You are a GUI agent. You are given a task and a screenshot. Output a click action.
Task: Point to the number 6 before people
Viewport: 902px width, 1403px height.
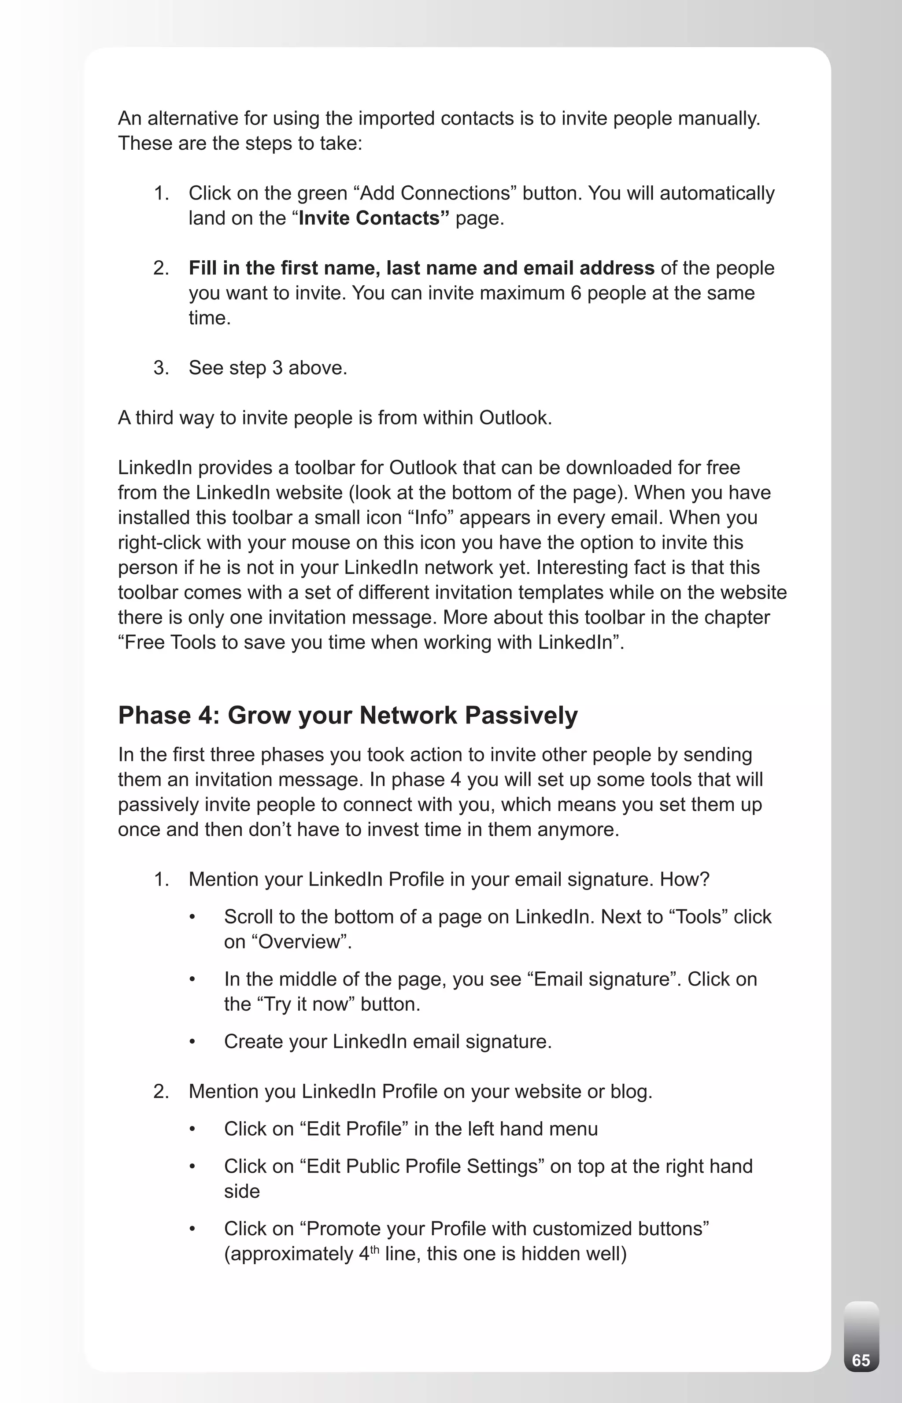(576, 293)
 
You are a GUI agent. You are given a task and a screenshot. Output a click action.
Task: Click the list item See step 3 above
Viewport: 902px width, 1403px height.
(268, 368)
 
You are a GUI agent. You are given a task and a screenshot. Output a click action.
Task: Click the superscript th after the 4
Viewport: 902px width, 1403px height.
(375, 1248)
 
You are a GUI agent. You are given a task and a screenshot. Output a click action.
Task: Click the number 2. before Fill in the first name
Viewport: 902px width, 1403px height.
(161, 268)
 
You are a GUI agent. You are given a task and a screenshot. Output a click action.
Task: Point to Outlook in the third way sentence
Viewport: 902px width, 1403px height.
(515, 417)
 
